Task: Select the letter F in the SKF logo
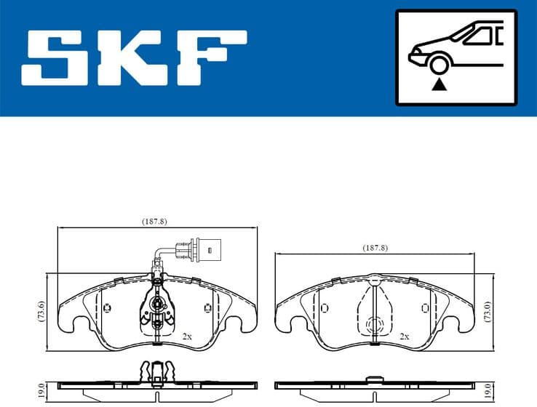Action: point(212,56)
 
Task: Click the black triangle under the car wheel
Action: point(438,85)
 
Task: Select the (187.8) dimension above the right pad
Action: point(375,248)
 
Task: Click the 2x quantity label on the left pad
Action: point(186,337)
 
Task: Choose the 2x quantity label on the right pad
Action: point(404,337)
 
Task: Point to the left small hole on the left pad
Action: point(108,307)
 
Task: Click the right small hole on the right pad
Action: point(425,307)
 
